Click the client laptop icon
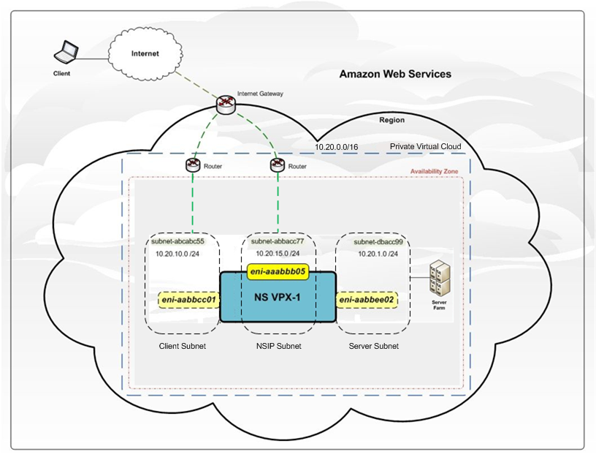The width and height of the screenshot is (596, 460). (67, 53)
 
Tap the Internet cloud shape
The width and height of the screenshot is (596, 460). (145, 53)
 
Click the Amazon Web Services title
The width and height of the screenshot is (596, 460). (395, 75)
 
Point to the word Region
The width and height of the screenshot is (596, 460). (391, 120)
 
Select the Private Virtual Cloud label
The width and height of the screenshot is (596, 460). (425, 146)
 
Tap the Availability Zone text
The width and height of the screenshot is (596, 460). (435, 173)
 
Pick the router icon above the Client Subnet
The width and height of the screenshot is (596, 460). (193, 165)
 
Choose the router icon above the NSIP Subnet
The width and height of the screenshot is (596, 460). (276, 165)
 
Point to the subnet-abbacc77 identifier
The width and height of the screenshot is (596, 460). (278, 241)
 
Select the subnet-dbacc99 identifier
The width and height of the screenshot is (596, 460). (378, 241)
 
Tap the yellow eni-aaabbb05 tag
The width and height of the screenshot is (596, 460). (277, 271)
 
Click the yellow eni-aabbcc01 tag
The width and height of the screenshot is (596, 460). (188, 299)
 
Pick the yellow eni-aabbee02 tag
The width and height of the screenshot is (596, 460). (367, 299)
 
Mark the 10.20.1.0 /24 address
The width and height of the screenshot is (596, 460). (378, 254)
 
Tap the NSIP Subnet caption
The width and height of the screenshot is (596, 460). (278, 346)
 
